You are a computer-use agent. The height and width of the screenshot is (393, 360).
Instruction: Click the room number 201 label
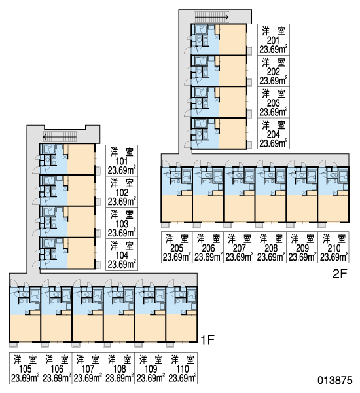[273, 41]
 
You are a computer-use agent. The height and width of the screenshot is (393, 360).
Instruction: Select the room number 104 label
[122, 255]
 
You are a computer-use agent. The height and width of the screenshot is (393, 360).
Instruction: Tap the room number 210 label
[334, 248]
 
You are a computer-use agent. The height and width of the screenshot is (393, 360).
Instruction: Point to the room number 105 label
[25, 369]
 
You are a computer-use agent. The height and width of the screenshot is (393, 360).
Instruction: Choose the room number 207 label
[240, 248]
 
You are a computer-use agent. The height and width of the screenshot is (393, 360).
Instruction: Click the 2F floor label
[340, 274]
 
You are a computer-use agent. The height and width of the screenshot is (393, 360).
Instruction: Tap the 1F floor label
[207, 339]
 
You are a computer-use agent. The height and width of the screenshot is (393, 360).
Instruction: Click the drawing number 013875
[335, 380]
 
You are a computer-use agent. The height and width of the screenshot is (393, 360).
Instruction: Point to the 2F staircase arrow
[211, 17]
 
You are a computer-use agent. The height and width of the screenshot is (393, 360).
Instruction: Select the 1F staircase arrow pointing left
[60, 137]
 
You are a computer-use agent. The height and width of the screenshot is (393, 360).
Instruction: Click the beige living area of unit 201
[233, 39]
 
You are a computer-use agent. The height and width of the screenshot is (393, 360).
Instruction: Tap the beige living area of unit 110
[181, 327]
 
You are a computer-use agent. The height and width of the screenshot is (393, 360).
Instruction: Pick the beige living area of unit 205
[177, 208]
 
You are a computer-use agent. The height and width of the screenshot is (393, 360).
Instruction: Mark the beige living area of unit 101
[81, 159]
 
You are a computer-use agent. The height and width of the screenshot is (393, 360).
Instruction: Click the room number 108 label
[120, 369]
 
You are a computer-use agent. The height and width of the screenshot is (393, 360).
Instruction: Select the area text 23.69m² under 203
[274, 112]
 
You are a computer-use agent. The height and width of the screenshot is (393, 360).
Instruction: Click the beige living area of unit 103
[81, 222]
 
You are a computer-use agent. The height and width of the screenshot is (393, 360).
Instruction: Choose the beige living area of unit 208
[271, 208]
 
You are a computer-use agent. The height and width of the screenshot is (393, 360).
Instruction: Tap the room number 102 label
[122, 193]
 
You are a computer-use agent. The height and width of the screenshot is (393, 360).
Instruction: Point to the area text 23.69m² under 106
[56, 378]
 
